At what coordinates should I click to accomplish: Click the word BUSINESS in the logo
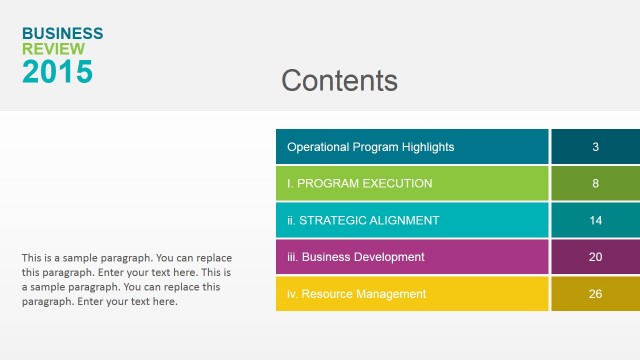[x=62, y=34]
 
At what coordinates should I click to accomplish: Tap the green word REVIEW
[x=53, y=49]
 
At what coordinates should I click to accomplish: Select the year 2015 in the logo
[x=57, y=72]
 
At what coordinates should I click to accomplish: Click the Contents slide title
[x=339, y=81]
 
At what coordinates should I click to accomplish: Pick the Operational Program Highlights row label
[x=370, y=147]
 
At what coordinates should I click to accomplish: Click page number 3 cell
[x=595, y=147]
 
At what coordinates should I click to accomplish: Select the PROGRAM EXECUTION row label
[x=359, y=184]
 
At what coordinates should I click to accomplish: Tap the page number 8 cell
[x=595, y=184]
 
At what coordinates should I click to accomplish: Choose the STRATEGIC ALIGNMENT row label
[x=362, y=220]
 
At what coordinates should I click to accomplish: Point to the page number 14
[x=595, y=220]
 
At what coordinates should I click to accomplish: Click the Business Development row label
[x=355, y=257]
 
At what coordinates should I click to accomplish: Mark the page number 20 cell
[x=595, y=257]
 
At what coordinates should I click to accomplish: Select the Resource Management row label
[x=356, y=294]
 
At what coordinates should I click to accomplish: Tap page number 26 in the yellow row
[x=595, y=294]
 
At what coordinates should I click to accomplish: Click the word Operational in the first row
[x=318, y=147]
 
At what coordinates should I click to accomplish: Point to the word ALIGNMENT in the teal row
[x=402, y=220]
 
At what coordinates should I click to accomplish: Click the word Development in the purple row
[x=390, y=257]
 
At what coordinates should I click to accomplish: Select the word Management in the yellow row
[x=390, y=294]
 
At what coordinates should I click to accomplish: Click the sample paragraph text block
[x=126, y=279]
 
